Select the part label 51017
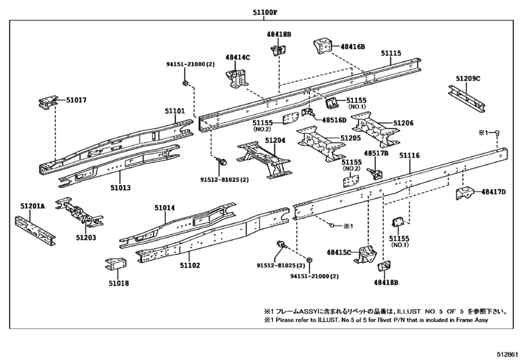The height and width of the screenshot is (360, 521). point(75,100)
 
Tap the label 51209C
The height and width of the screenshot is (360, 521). point(468,78)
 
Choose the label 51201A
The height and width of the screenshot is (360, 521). point(32,206)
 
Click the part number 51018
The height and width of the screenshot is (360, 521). point(119,283)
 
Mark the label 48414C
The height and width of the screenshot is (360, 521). point(238,57)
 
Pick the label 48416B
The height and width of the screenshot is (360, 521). point(353,46)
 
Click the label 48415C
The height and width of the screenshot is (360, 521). point(339,253)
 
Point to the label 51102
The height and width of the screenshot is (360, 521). point(190,265)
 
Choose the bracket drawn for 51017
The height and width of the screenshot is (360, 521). point(48,104)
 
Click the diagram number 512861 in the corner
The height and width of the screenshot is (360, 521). point(508,353)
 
